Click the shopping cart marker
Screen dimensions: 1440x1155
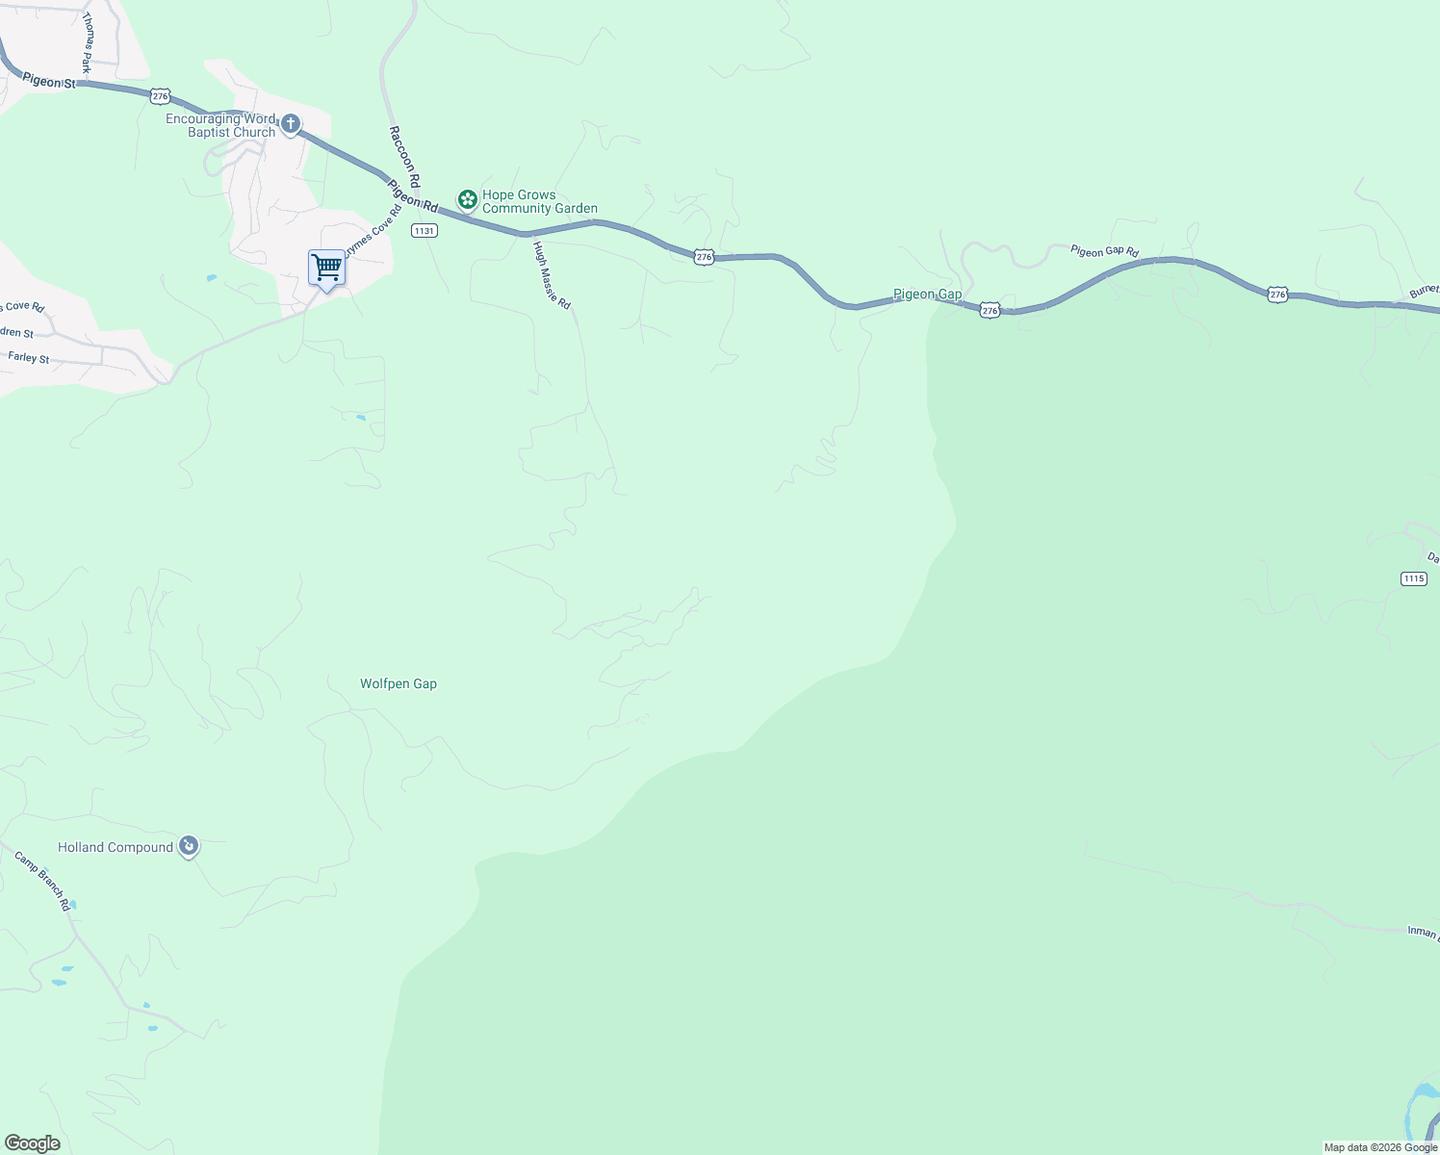tap(326, 268)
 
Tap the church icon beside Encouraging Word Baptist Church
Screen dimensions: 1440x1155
tap(290, 124)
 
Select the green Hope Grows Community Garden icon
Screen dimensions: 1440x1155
tap(467, 200)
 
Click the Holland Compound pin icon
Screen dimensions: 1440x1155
tap(189, 846)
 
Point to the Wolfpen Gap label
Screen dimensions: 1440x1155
tap(399, 684)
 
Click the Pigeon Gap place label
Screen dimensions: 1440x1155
tap(927, 295)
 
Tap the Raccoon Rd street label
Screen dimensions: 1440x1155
tap(405, 155)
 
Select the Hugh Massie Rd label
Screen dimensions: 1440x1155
tap(553, 275)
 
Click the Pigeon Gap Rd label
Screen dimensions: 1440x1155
tap(1104, 251)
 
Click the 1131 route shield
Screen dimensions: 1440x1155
tap(424, 230)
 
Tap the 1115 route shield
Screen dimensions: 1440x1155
tap(1413, 578)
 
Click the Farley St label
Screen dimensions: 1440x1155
tap(29, 357)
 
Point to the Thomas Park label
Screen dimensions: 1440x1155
tap(88, 43)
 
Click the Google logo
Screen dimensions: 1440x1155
tap(33, 1143)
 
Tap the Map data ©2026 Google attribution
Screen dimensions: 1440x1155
tap(1380, 1147)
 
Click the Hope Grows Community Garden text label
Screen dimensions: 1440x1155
tap(539, 201)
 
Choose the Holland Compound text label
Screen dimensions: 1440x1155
tap(116, 848)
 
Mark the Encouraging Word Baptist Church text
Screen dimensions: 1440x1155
tap(220, 125)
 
